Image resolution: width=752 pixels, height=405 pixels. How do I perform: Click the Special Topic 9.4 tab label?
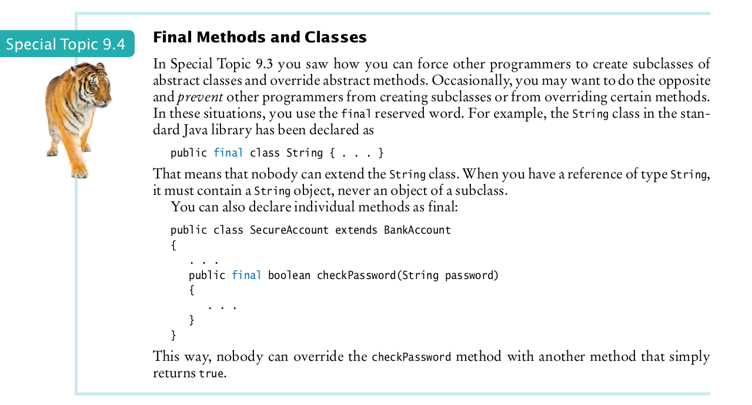coord(66,44)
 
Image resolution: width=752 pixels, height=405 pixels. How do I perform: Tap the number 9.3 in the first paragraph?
coord(265,64)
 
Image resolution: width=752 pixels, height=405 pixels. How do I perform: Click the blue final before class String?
coord(228,153)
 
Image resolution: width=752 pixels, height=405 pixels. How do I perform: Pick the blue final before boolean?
coord(246,275)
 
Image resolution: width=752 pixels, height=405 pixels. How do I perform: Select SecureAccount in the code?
coord(289,230)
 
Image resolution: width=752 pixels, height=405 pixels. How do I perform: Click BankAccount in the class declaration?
coord(417,230)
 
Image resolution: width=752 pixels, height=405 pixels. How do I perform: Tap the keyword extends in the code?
coord(356,230)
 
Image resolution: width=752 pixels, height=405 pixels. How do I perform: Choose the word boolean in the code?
coord(289,275)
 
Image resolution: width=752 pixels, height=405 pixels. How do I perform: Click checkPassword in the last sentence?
coord(412,357)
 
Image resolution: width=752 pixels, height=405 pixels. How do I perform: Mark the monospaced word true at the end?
coord(212,374)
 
